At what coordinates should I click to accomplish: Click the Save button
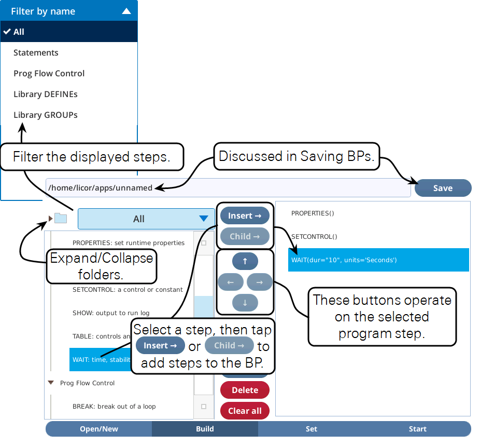(443, 188)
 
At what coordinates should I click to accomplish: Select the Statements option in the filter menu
(36, 53)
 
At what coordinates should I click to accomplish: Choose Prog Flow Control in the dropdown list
(49, 74)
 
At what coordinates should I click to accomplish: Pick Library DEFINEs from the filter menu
(45, 94)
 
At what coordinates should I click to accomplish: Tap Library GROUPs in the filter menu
(45, 115)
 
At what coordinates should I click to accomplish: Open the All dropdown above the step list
(146, 219)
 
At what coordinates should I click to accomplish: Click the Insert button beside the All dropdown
(245, 216)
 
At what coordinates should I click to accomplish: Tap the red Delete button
(245, 390)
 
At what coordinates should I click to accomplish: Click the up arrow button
(245, 261)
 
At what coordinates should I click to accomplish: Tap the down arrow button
(245, 303)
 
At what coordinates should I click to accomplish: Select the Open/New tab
(99, 429)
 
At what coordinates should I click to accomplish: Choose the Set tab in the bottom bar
(312, 429)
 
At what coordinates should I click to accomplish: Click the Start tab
(418, 429)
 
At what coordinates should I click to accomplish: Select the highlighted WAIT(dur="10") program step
(378, 260)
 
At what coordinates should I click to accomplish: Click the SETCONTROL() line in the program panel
(314, 237)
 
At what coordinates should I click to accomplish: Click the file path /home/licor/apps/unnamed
(101, 187)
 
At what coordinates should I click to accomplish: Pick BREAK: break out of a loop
(114, 407)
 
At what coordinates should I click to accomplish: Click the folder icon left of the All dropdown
(61, 218)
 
